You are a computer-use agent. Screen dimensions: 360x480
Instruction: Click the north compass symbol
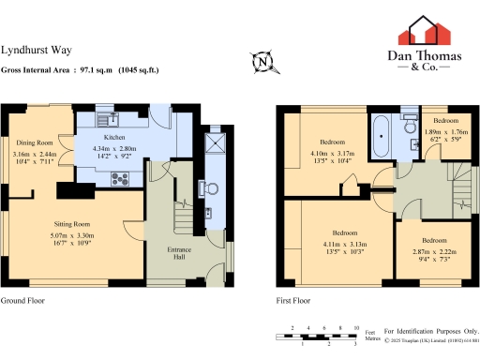[264, 62]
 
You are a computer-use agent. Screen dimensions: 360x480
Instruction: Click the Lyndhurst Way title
[34, 52]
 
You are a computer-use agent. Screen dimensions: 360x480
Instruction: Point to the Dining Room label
[33, 142]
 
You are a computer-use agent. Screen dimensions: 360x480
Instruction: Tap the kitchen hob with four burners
[120, 177]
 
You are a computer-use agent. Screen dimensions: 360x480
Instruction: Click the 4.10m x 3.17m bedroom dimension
[332, 157]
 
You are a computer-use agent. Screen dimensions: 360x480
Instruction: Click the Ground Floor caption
[22, 301]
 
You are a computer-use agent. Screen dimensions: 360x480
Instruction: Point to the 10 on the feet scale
[355, 328]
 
